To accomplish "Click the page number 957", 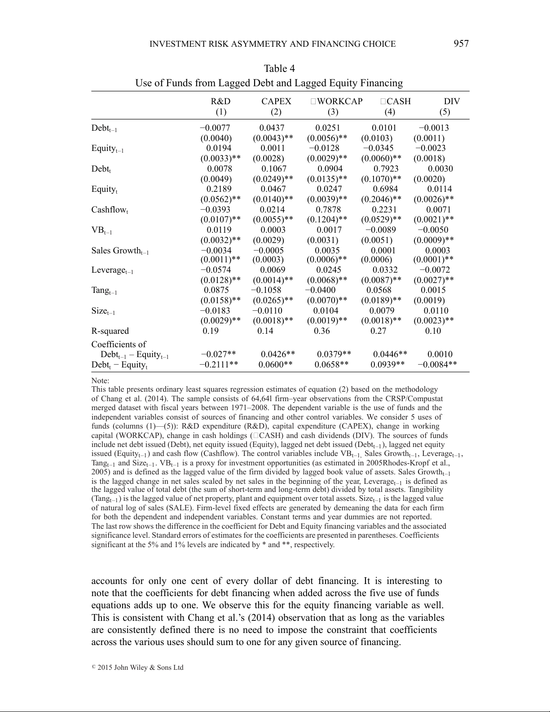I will tap(461, 44).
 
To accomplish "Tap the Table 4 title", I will tap(279, 69).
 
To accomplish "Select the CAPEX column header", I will tap(276, 102).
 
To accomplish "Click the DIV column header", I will tap(452, 102).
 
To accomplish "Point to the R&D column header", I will tap(220, 102).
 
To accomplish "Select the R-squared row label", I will tap(110, 331).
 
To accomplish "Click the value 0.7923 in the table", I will tap(386, 169).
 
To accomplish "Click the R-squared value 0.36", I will tap(322, 331).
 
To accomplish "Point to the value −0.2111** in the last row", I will tap(219, 364).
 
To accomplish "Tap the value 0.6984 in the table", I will tap(385, 189).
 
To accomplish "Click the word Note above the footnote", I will tap(100, 381).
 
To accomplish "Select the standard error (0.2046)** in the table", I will tap(381, 199).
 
